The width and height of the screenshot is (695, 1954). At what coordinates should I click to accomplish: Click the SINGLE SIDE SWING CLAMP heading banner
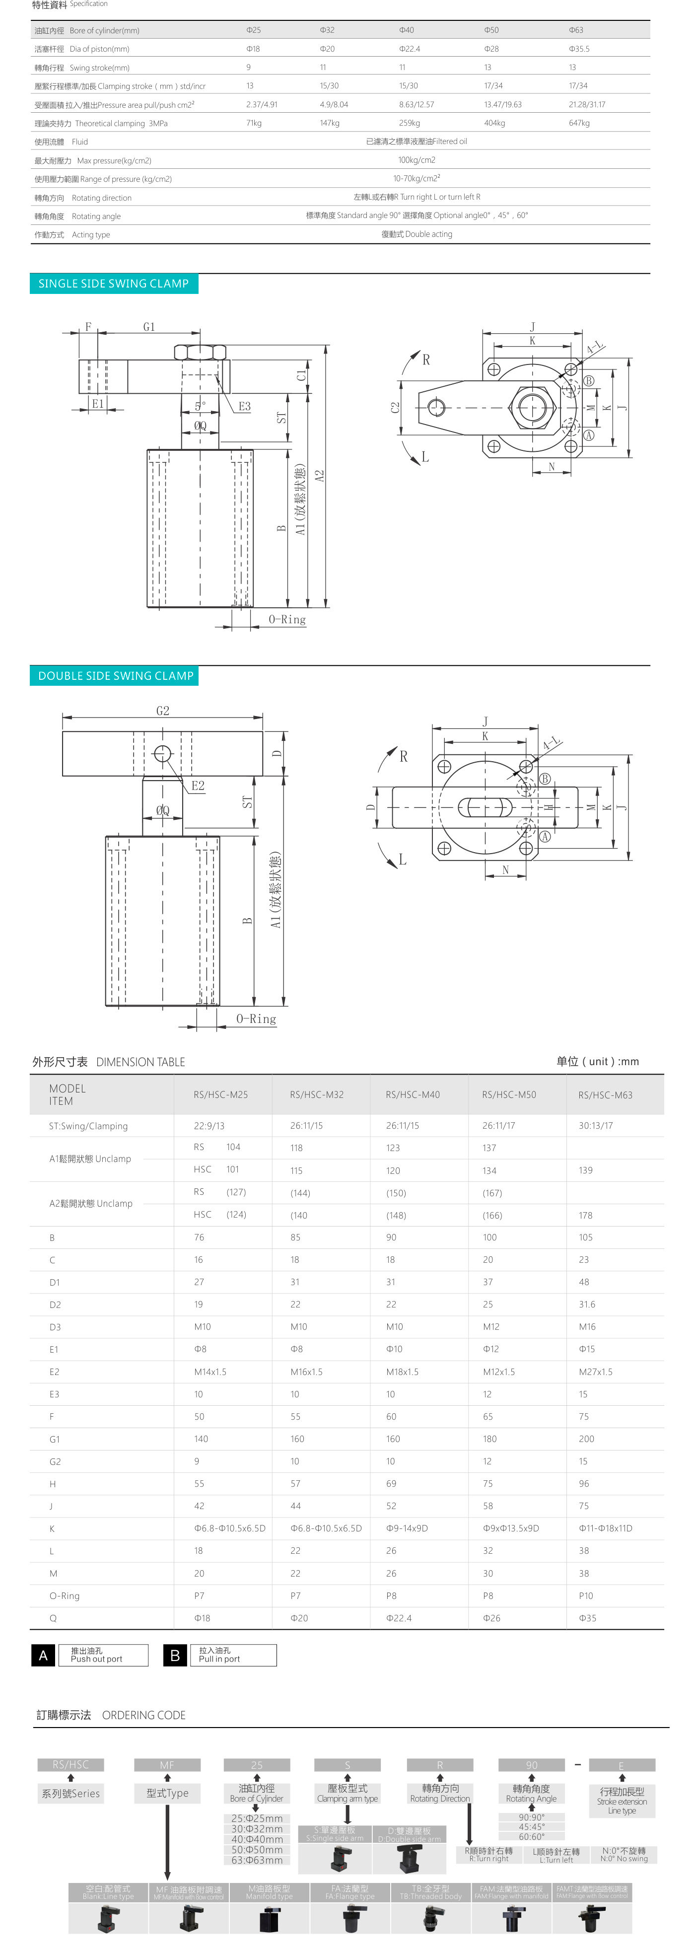click(x=114, y=284)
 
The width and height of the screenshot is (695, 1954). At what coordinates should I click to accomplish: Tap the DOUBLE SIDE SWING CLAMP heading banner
click(x=115, y=676)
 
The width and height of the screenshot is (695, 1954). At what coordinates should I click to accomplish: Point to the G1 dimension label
click(x=149, y=327)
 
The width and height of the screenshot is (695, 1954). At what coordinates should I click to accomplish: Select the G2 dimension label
click(x=162, y=711)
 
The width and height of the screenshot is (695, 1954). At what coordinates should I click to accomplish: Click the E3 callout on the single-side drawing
click(x=244, y=407)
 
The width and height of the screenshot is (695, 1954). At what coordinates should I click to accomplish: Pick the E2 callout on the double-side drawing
click(x=197, y=786)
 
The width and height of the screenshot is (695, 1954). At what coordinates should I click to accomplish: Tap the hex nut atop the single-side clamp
click(x=200, y=352)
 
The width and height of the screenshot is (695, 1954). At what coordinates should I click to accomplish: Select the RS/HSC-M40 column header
click(x=412, y=1094)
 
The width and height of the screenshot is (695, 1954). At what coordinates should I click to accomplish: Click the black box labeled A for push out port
click(x=43, y=1655)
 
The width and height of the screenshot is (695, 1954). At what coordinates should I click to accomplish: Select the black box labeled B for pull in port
click(x=175, y=1655)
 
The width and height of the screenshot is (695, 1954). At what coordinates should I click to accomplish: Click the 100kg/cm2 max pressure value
click(x=417, y=160)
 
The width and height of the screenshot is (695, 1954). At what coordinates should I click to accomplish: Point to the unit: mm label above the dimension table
click(x=597, y=1061)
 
